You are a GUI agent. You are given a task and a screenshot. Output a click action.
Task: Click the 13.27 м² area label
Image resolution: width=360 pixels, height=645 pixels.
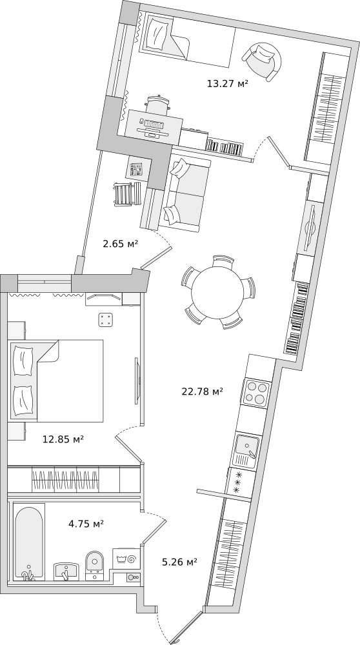coord(227,84)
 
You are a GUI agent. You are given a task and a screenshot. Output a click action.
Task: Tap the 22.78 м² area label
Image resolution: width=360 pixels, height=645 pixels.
coord(202,392)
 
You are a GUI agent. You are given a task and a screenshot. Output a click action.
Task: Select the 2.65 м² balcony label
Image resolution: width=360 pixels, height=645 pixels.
coord(120,244)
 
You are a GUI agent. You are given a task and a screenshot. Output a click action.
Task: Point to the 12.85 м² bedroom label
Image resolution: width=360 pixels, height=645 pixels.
coord(63,439)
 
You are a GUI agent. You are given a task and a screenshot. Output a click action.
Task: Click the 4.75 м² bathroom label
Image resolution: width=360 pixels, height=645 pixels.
coord(86,524)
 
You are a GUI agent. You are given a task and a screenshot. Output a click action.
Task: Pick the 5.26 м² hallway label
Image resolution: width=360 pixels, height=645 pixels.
coord(179,562)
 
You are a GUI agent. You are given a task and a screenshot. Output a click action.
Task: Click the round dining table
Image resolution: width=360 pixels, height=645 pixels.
coord(218,292)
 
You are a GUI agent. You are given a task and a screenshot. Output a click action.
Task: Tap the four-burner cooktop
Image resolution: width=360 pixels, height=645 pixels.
coord(256,392)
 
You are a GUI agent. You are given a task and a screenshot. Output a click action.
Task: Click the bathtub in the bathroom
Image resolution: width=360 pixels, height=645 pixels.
coord(28,541)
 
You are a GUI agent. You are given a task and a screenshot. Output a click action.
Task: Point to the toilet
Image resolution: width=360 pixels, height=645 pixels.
coord(95,565)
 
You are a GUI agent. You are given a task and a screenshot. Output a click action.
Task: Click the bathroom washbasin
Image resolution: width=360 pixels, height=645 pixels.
coord(66,571)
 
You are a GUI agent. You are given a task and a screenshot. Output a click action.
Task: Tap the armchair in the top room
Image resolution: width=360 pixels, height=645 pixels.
coord(262,61)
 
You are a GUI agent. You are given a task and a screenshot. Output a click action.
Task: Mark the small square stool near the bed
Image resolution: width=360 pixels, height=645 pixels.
coord(106,320)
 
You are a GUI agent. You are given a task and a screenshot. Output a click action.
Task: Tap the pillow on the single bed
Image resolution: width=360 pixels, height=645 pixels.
coord(157,34)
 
